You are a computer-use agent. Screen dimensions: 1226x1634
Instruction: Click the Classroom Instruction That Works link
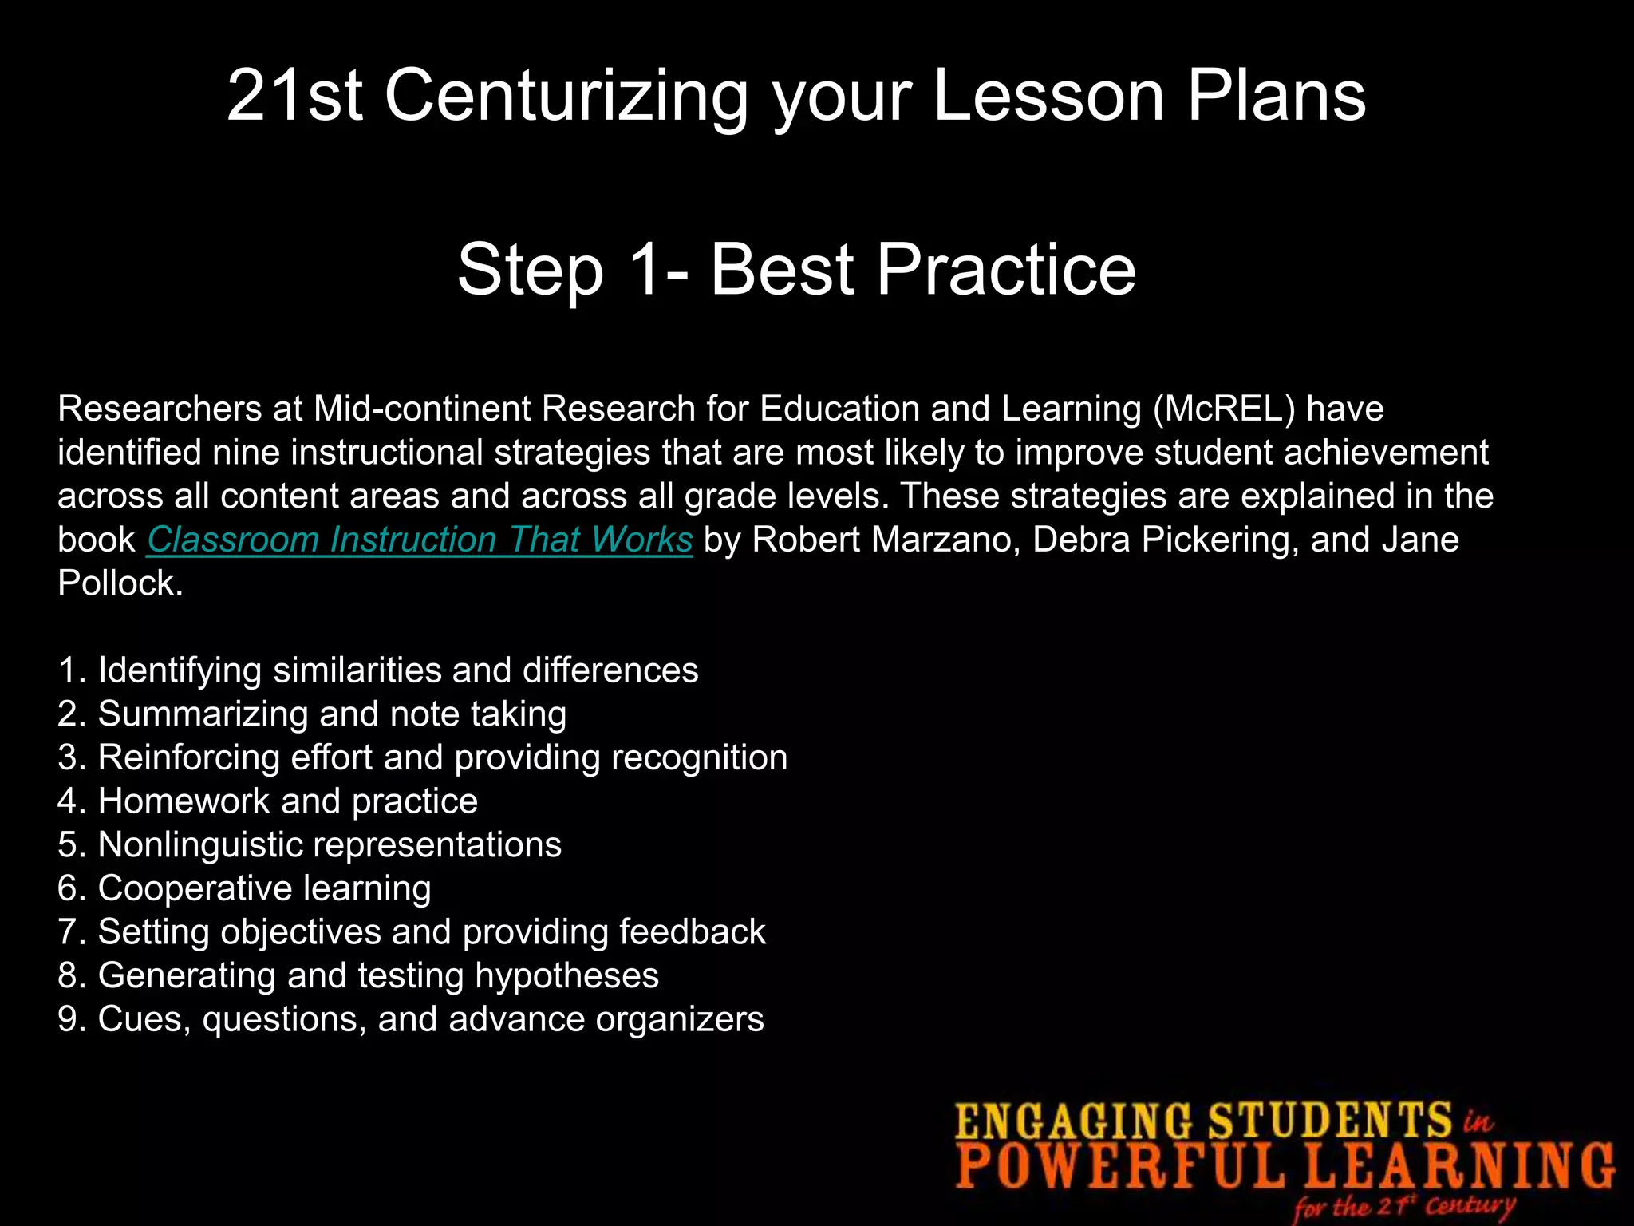[420, 540]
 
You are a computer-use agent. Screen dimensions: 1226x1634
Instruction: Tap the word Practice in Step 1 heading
[1005, 270]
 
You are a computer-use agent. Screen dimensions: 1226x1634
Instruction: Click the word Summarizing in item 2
[203, 714]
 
